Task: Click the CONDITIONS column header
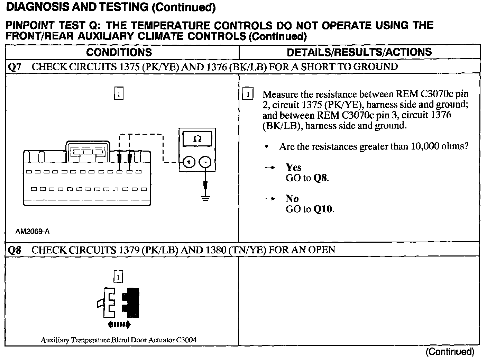click(119, 52)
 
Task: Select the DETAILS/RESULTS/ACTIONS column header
click(359, 52)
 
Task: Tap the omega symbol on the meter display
click(197, 139)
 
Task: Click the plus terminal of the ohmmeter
click(189, 162)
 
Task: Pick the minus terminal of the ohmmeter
click(205, 162)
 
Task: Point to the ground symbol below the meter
click(206, 199)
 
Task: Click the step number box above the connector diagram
click(119, 94)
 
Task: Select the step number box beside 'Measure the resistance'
click(248, 94)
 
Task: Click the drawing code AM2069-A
click(33, 231)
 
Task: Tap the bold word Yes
click(293, 168)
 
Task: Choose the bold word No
click(292, 199)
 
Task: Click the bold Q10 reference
click(323, 209)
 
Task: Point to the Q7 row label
click(14, 66)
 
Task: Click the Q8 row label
click(14, 250)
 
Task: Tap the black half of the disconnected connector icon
click(133, 303)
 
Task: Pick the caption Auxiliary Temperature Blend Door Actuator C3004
click(119, 340)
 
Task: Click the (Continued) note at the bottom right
click(450, 352)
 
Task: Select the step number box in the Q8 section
click(119, 277)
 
